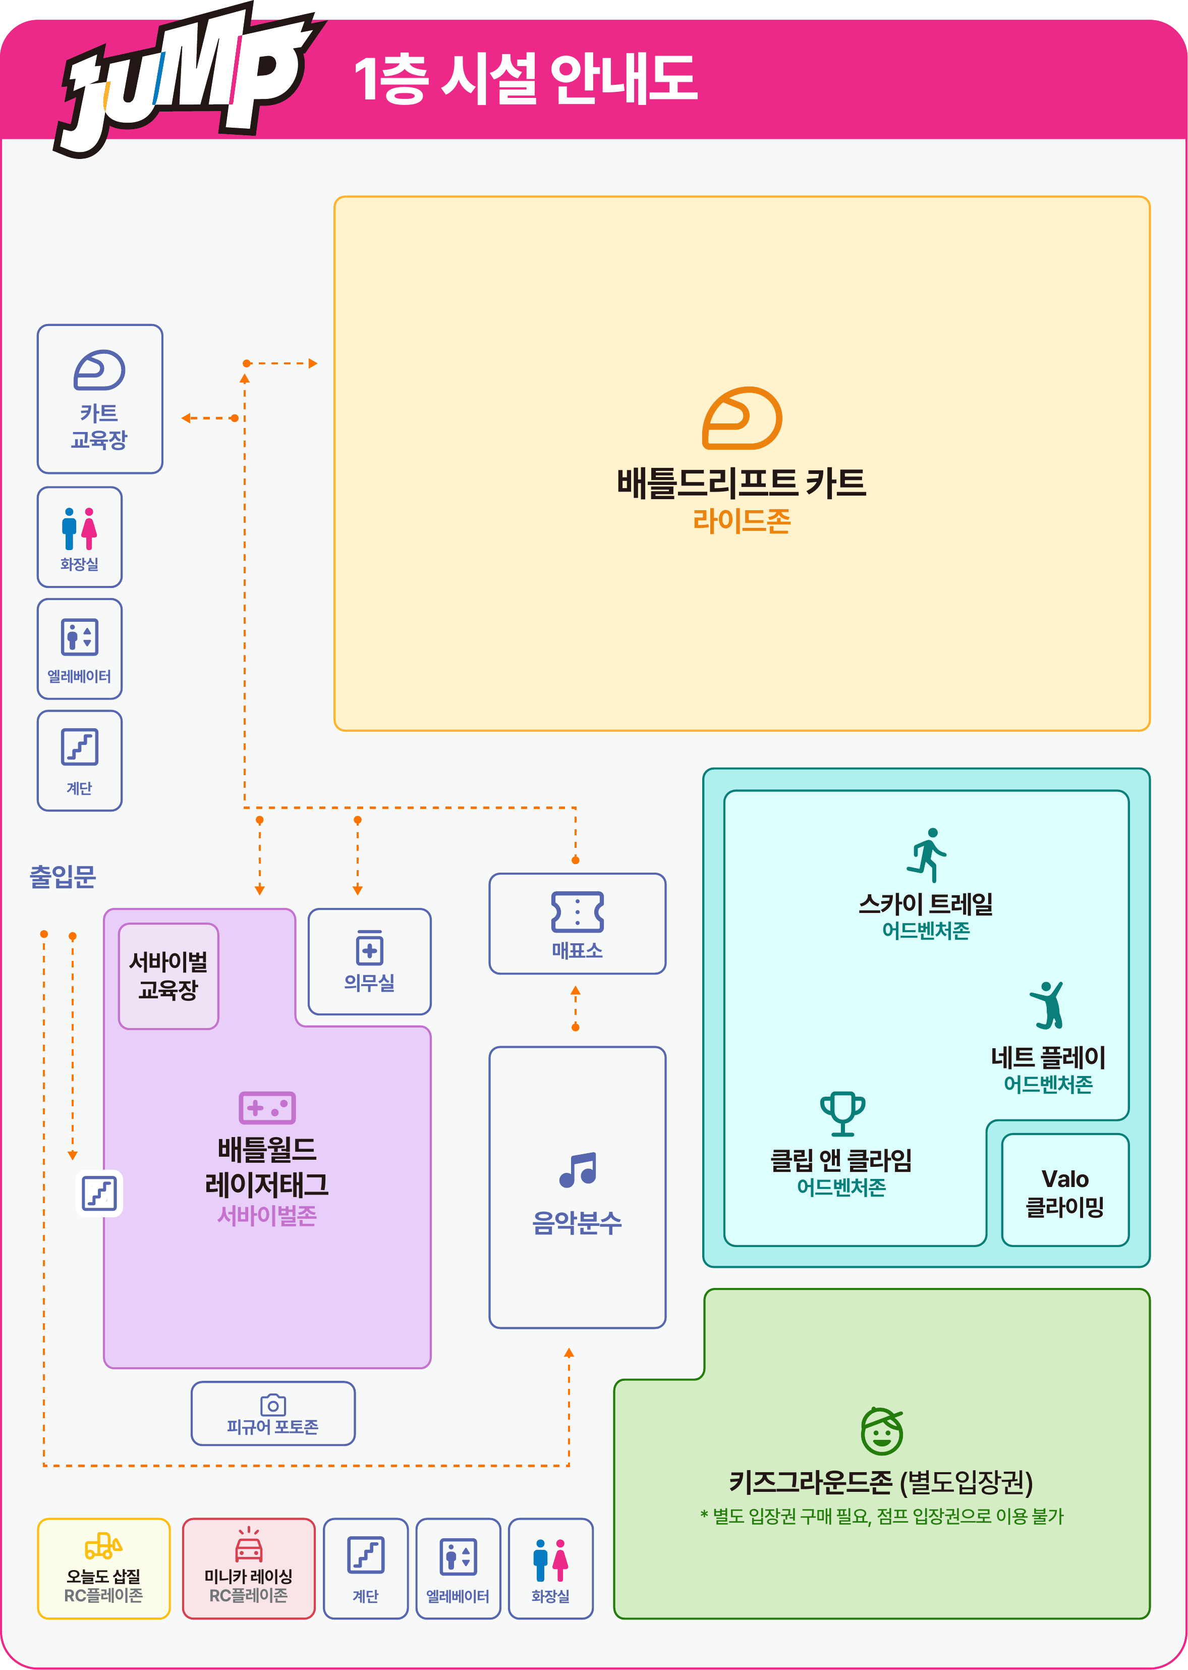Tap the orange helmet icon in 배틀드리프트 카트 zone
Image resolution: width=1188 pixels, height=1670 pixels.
(x=742, y=418)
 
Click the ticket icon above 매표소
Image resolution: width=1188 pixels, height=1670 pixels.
(x=577, y=912)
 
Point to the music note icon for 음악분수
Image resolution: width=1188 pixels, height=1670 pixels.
(x=578, y=1169)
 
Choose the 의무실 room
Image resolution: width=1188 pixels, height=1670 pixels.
(x=369, y=961)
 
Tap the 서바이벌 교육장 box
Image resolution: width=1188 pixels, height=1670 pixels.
(x=168, y=976)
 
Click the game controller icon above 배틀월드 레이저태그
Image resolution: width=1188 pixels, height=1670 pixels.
(x=267, y=1108)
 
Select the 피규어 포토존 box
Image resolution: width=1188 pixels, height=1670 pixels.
(x=273, y=1413)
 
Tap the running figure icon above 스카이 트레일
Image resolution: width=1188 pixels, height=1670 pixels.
(x=927, y=855)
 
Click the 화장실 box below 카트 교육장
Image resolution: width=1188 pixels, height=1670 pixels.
(x=80, y=537)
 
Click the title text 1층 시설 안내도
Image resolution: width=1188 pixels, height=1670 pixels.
(x=525, y=78)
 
